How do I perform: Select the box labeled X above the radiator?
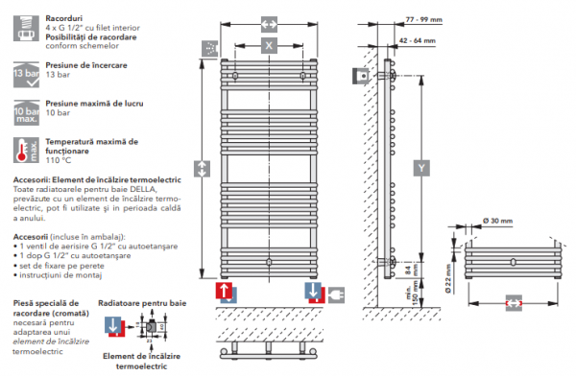coord(270,45)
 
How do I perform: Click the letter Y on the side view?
coord(421,169)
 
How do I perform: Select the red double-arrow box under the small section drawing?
coord(515,301)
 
